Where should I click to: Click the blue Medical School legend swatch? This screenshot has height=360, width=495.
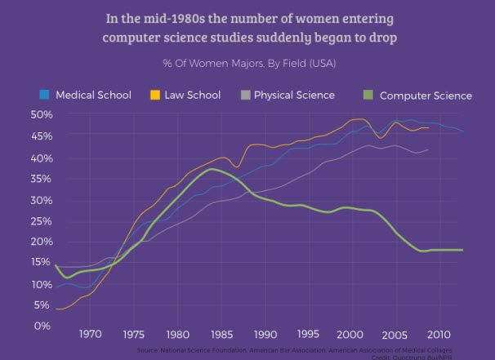(x=45, y=95)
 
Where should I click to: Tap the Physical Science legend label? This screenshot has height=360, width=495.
(x=294, y=95)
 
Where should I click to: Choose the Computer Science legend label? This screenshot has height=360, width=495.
(x=426, y=96)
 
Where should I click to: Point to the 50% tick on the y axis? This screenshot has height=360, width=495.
(x=41, y=114)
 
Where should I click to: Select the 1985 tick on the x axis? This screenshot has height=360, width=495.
(x=221, y=334)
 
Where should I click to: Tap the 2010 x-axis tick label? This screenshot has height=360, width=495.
(x=439, y=334)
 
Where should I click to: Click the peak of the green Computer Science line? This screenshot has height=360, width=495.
(x=212, y=169)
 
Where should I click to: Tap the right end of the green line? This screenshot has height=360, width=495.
(x=463, y=250)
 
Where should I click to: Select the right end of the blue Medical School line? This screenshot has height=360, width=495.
(x=463, y=131)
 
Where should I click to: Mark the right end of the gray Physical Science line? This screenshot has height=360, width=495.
(x=428, y=150)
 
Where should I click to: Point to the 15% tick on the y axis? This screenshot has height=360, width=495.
(x=41, y=263)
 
